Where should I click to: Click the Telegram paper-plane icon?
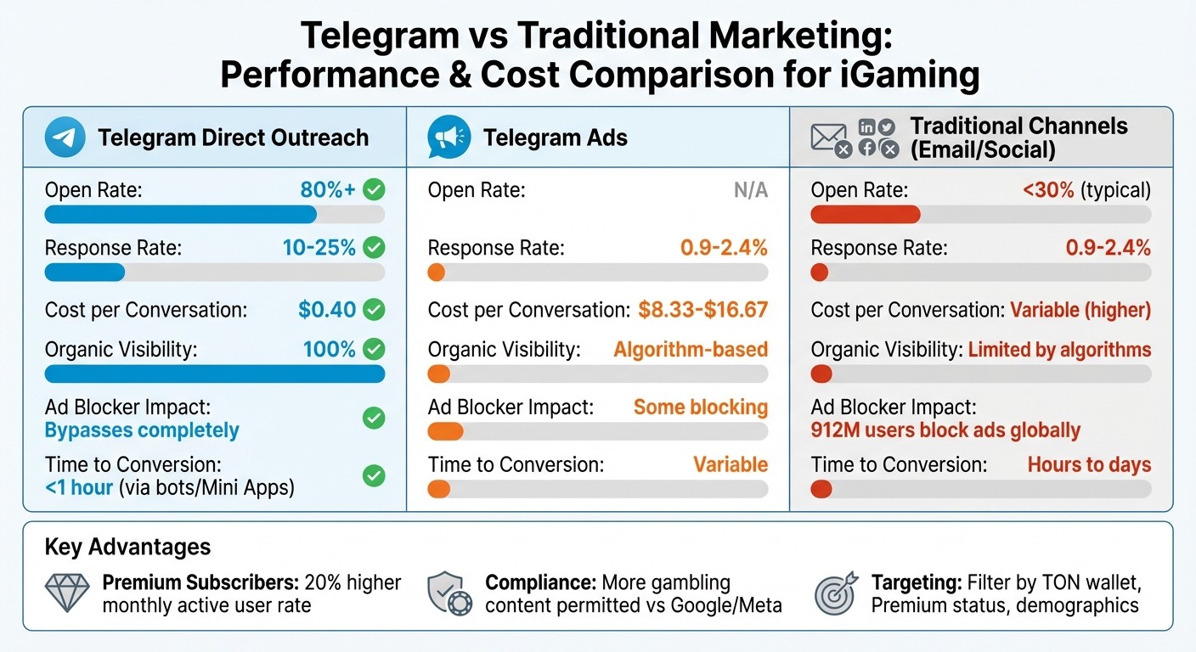(65, 138)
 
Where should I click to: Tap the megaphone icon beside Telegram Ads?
(449, 138)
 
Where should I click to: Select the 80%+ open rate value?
(328, 190)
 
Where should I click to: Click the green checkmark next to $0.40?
(374, 310)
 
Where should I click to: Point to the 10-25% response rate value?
(319, 248)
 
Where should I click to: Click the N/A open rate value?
(750, 190)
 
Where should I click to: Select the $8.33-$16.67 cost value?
(702, 310)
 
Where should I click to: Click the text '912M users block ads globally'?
(945, 430)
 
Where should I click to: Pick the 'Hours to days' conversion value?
(1089, 464)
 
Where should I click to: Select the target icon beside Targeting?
(836, 593)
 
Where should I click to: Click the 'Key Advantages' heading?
(127, 547)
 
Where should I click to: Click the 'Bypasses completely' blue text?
(142, 430)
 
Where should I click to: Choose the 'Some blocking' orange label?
(700, 407)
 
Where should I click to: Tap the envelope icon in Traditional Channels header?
(829, 138)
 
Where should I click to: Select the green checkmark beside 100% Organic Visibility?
(374, 349)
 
